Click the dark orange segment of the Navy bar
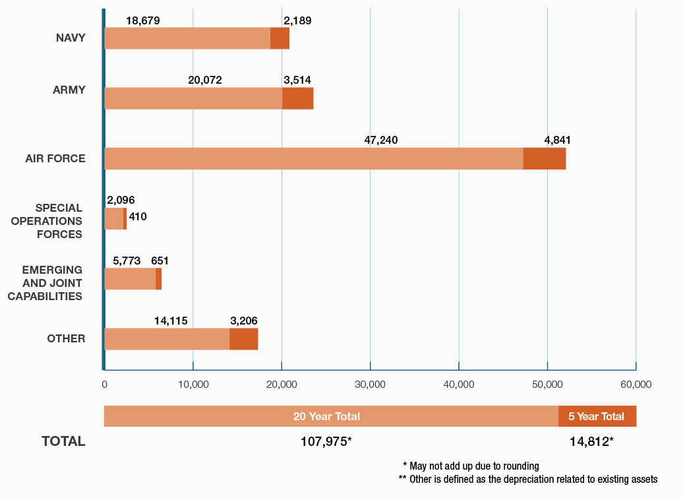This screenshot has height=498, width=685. [280, 38]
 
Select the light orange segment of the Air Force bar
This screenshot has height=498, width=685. [314, 158]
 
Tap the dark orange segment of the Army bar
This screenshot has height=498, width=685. [297, 98]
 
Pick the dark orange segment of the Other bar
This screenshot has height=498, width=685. [243, 339]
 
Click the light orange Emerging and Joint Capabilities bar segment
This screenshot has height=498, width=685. [130, 278]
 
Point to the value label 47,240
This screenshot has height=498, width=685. [381, 140]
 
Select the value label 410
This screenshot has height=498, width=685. [138, 216]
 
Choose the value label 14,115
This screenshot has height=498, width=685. [171, 321]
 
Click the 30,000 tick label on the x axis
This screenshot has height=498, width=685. [370, 384]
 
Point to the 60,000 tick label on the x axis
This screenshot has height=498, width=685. [636, 384]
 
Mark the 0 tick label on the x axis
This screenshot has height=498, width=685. [104, 384]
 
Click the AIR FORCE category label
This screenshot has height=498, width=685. [55, 158]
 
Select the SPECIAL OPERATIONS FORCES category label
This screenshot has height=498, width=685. [47, 221]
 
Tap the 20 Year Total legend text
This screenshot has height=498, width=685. [326, 416]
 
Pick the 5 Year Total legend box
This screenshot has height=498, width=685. [597, 416]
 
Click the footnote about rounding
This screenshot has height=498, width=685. [471, 466]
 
